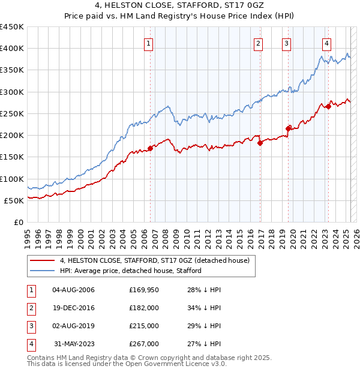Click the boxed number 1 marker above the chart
[x=148, y=43]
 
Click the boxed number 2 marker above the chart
[x=258, y=43]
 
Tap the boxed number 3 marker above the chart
[x=286, y=43]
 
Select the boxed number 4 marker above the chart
[x=326, y=43]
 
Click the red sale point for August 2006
[x=150, y=148]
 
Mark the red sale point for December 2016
[x=260, y=143]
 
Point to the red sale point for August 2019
[x=289, y=128]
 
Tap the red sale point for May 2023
[x=328, y=106]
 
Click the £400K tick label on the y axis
[x=12, y=49]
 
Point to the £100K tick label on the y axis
[x=12, y=179]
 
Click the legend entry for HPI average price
[x=131, y=271]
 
